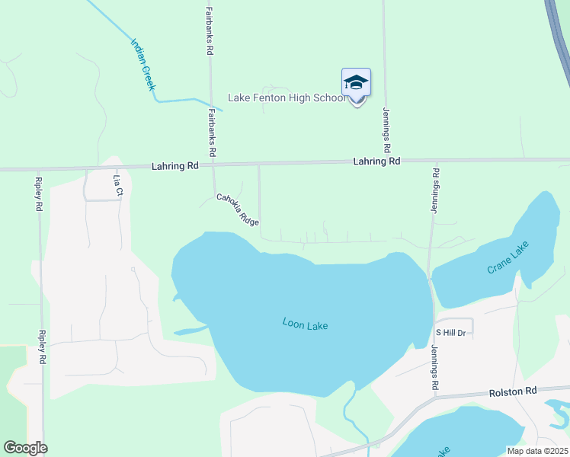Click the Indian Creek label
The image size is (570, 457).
tap(142, 65)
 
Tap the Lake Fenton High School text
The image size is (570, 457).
tap(287, 98)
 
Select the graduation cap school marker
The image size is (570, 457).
tap(356, 84)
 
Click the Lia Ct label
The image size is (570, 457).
tap(117, 185)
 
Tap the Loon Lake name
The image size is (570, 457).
tap(305, 325)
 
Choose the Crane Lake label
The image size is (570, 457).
tap(508, 257)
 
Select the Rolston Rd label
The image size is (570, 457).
tap(513, 391)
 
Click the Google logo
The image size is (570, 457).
tap(25, 448)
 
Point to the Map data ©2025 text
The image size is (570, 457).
tap(538, 451)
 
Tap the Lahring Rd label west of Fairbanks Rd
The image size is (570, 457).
tap(175, 165)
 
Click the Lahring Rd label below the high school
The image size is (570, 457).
tap(376, 161)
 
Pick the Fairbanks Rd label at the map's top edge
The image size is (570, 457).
tap(209, 30)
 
